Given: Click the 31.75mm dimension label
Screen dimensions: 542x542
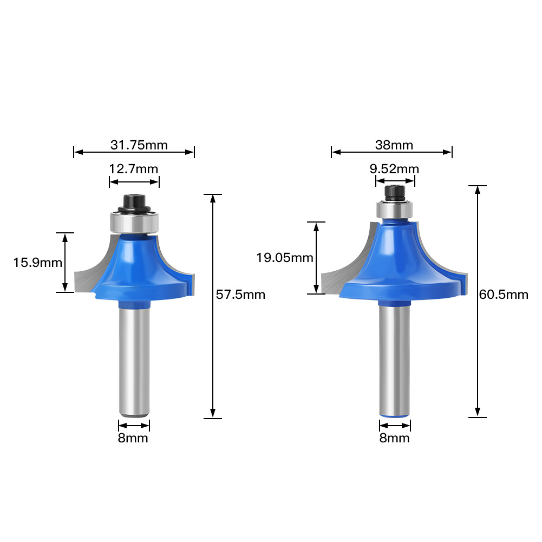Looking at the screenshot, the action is click(x=139, y=145).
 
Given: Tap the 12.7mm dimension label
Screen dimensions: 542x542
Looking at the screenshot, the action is click(x=134, y=169).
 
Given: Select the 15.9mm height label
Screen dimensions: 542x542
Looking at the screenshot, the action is click(x=38, y=263).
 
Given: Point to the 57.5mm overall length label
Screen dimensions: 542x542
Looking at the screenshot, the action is click(x=240, y=295).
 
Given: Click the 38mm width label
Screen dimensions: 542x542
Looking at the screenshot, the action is click(x=394, y=145).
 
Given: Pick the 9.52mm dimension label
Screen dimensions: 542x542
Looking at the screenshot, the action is click(x=394, y=169).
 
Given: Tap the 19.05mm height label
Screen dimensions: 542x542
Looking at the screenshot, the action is click(x=285, y=258).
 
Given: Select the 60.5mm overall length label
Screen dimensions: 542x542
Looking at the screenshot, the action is click(x=504, y=295).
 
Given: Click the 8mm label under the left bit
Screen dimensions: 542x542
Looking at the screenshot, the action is click(x=133, y=438).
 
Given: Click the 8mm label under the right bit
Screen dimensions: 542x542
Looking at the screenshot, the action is click(x=394, y=438).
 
